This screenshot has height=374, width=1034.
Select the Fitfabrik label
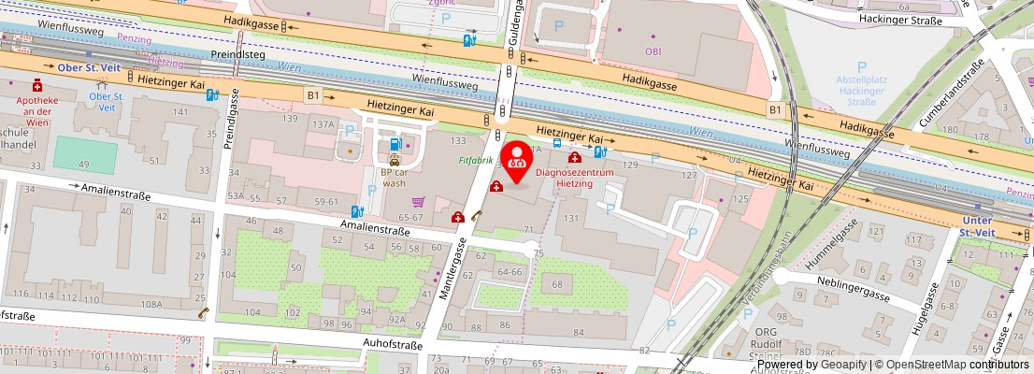tap(476, 160)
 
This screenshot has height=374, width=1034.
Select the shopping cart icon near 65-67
tap(418, 201)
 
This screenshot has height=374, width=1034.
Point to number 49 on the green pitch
tap(83, 165)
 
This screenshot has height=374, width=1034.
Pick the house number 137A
tap(323, 123)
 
